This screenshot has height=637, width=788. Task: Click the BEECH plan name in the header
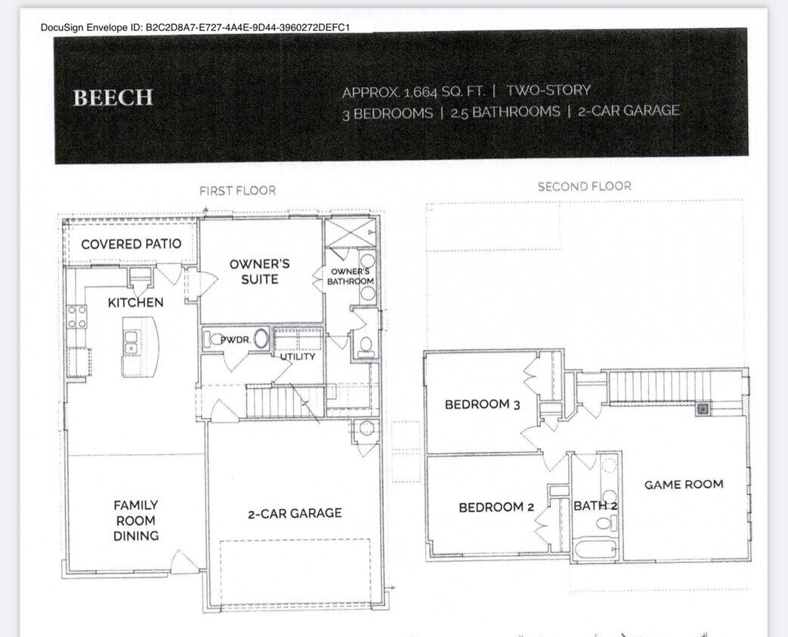point(113,97)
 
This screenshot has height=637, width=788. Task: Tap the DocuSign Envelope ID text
point(195,27)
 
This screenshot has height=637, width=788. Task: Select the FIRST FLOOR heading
point(237,191)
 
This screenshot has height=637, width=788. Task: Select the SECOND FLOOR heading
point(584,186)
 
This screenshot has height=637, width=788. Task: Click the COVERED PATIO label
point(131,244)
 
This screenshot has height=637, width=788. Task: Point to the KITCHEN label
point(135,302)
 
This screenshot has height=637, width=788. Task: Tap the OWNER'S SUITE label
point(259,272)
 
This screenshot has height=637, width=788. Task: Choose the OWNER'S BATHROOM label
point(350,276)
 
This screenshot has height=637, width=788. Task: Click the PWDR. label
point(235,340)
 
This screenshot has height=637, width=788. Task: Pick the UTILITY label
point(298,356)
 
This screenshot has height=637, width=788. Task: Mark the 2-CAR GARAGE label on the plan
point(295,513)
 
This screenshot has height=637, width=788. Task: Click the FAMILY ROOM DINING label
point(136,520)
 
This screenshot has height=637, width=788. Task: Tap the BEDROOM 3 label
point(482,405)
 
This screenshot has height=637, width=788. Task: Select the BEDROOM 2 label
point(496,507)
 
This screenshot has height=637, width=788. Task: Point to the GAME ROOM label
point(683,485)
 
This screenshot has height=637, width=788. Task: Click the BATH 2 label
point(595,506)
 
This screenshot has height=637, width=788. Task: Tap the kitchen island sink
point(131,343)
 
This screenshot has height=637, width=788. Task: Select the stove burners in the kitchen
point(76,316)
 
